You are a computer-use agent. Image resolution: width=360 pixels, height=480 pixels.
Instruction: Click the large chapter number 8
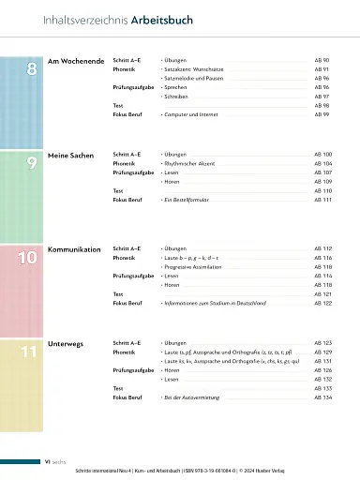pyautogui.click(x=32, y=71)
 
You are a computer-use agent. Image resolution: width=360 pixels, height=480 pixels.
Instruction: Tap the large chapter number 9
pyautogui.click(x=32, y=161)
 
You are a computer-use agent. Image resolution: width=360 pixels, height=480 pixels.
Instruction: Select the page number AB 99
pyautogui.click(x=322, y=115)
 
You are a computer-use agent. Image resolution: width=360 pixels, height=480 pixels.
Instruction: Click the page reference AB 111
pyautogui.click(x=322, y=201)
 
